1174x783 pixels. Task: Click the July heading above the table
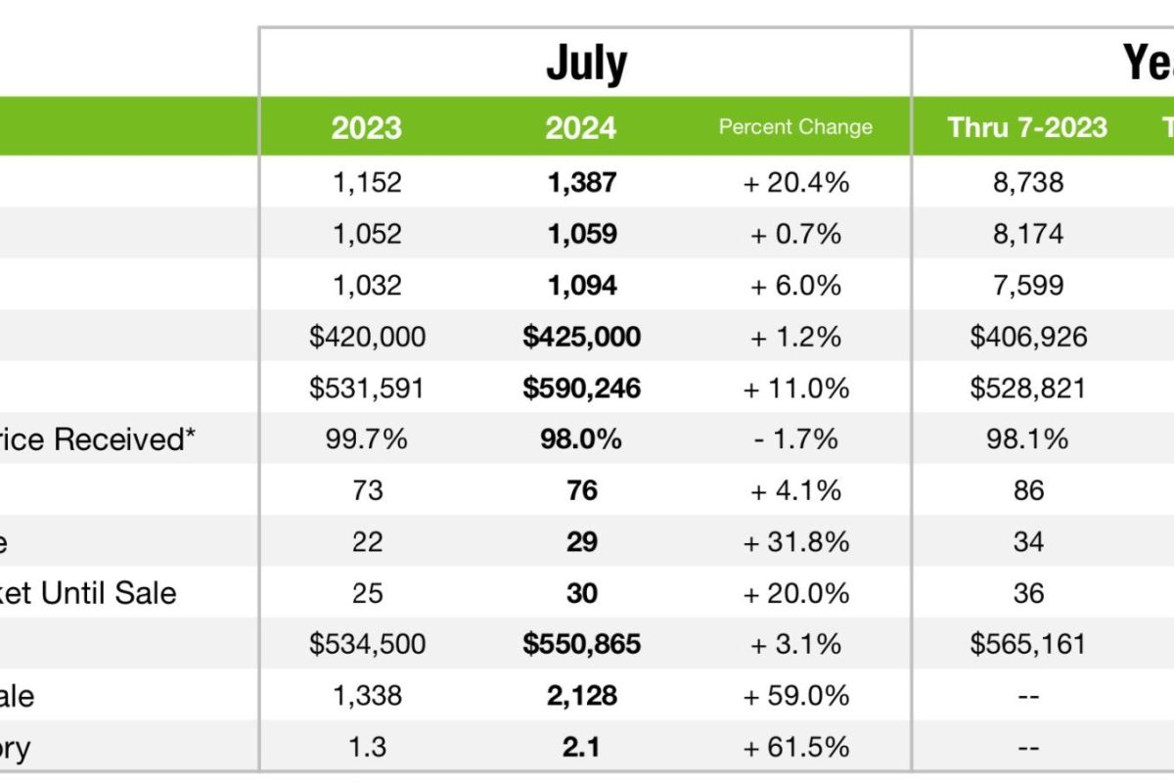[586, 64]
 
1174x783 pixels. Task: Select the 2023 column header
[366, 127]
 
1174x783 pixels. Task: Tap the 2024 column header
[581, 127]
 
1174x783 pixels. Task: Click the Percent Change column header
[795, 127]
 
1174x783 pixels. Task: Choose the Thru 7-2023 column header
[1027, 127]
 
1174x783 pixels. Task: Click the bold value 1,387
[581, 182]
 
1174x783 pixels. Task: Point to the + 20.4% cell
[795, 182]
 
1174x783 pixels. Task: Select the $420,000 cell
[367, 337]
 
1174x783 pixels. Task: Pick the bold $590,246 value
[581, 389]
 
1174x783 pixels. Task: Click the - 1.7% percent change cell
[795, 439]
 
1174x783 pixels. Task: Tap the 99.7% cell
[366, 439]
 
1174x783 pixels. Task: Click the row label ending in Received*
[98, 439]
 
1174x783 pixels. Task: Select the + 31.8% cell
[795, 542]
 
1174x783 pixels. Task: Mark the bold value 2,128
[581, 696]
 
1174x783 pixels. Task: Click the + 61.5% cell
[795, 748]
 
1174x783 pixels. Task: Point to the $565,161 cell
[1028, 644]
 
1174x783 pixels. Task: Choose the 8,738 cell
[1028, 182]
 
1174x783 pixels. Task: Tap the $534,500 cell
[367, 644]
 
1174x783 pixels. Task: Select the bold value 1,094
[581, 286]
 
